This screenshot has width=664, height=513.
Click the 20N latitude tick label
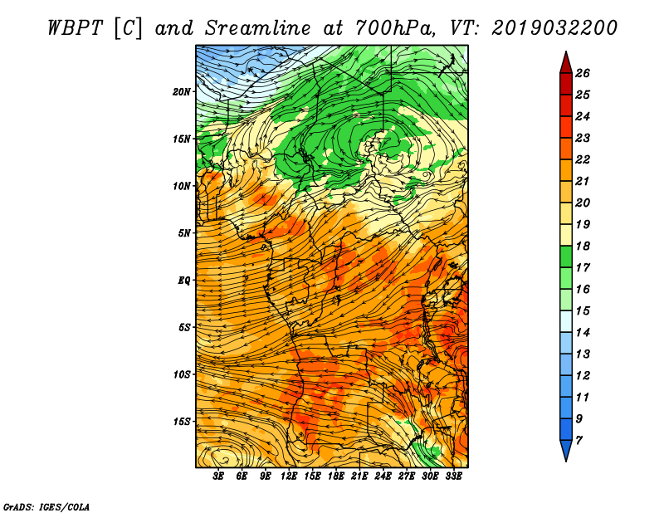(182, 91)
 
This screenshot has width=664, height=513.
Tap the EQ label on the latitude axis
(184, 280)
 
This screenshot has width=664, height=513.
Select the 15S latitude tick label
(182, 422)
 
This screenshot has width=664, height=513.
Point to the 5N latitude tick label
(184, 233)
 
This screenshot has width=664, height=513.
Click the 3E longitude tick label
(218, 476)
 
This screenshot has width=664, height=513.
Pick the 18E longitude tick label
(336, 476)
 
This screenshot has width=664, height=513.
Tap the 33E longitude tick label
(453, 476)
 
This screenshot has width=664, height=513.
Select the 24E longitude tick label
(383, 476)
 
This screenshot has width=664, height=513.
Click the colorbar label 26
(583, 73)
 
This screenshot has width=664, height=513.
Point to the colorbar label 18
(583, 246)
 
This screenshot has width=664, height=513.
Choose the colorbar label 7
(579, 441)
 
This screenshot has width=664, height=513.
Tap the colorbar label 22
(583, 159)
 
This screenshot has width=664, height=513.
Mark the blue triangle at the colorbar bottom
(566, 449)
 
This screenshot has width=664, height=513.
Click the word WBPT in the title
(75, 28)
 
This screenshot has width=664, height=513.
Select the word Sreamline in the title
(257, 28)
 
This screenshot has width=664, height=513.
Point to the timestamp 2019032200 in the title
(554, 28)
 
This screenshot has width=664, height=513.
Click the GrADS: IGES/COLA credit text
(46, 507)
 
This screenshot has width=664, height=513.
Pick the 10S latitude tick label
(182, 374)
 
